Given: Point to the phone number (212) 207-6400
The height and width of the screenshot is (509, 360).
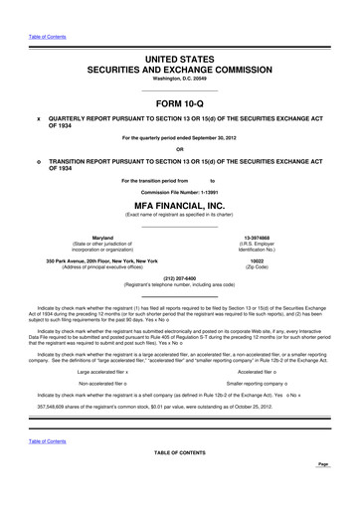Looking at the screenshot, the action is pos(180,277).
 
